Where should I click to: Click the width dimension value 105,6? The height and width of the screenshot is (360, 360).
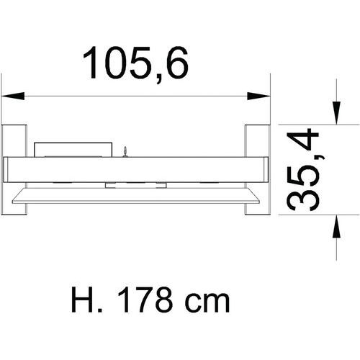[x=135, y=64]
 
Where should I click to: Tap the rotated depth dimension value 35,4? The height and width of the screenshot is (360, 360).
[x=303, y=169]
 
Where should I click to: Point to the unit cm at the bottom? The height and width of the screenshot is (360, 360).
[x=207, y=304]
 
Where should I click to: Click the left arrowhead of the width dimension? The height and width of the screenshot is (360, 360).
[x=13, y=96]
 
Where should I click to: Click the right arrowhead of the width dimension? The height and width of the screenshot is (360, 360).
[x=258, y=96]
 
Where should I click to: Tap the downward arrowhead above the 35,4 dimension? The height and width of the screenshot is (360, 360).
[x=336, y=113]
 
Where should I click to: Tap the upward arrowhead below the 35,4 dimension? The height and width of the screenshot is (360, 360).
[x=336, y=226]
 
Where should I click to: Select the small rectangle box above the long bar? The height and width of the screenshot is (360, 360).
[x=73, y=150]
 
